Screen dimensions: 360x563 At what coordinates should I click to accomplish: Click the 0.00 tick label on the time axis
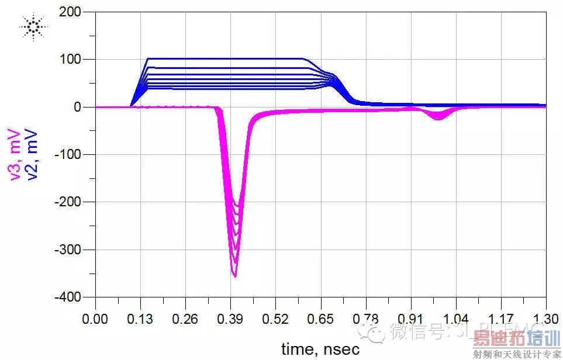coord(95,320)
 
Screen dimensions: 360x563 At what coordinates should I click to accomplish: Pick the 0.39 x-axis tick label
coord(230,320)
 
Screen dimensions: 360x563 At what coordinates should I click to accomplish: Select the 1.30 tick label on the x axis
coord(545,320)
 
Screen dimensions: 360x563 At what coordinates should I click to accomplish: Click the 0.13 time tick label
coord(140,320)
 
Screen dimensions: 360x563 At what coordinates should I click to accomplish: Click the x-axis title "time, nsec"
coord(320,349)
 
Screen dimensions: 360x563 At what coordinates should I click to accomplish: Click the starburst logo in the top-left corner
coord(33,26)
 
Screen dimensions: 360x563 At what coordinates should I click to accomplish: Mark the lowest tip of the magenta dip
coord(235,276)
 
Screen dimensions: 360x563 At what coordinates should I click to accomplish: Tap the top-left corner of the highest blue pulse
coord(148,58)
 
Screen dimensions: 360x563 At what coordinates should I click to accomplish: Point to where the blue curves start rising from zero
coord(130,106)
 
